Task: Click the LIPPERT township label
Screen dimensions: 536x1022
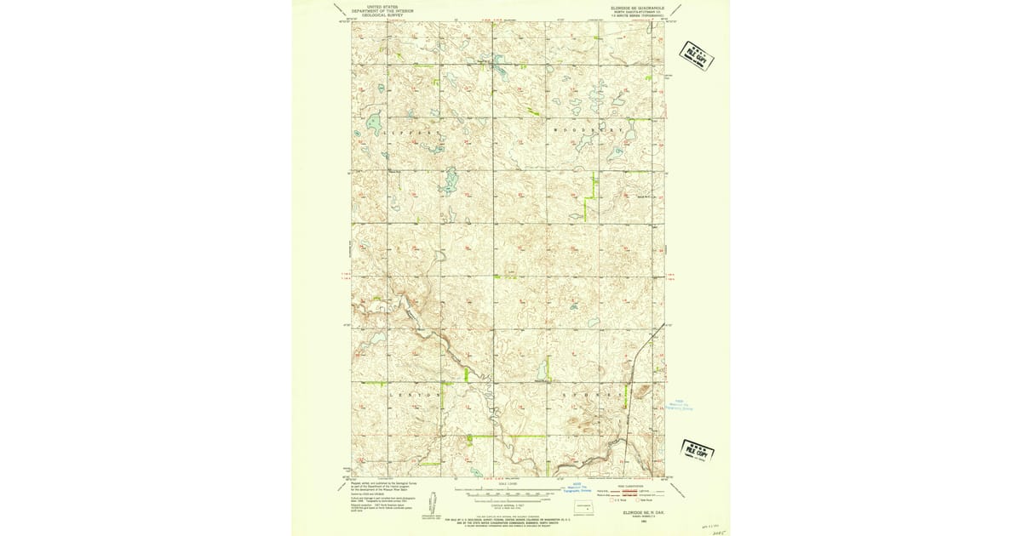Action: (408, 134)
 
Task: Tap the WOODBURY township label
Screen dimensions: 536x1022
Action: (589, 130)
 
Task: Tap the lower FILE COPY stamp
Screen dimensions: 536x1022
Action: (697, 450)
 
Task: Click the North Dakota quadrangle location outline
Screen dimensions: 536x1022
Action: (583, 506)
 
